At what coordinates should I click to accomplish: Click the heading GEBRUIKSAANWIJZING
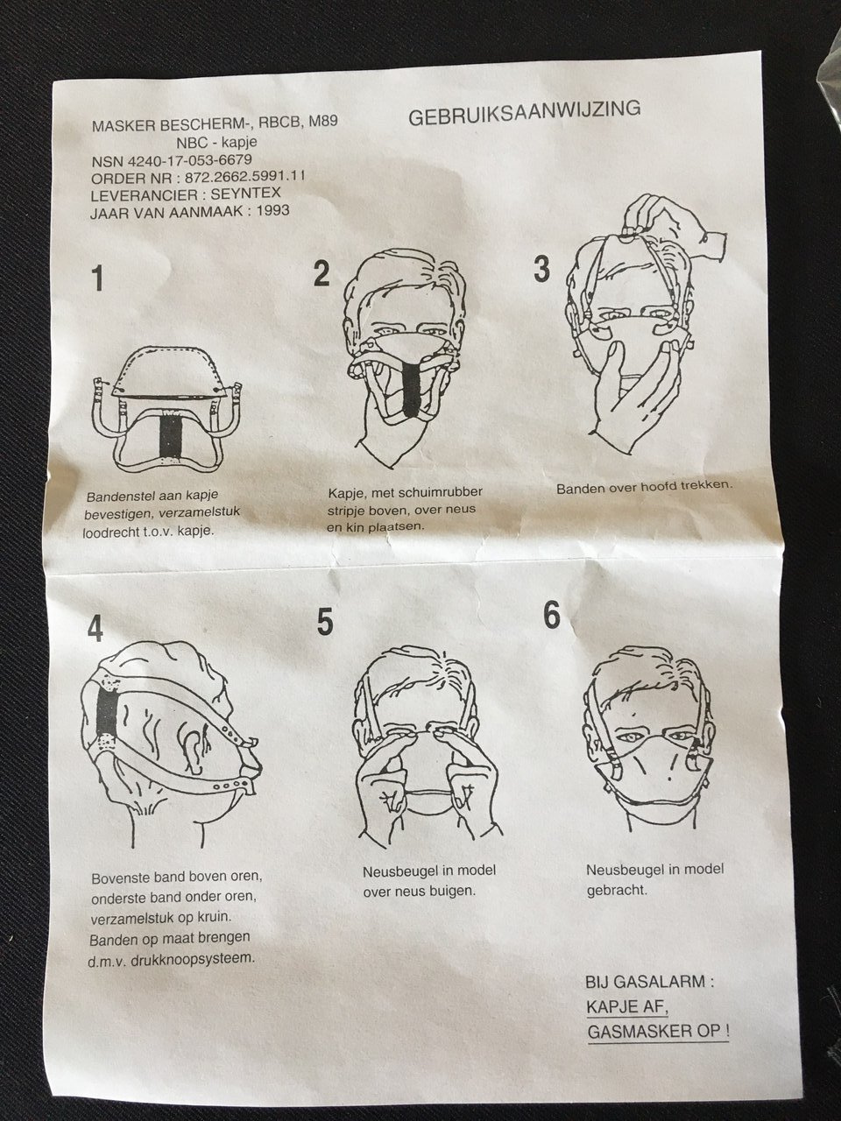tap(525, 113)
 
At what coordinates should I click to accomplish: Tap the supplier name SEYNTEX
tap(245, 193)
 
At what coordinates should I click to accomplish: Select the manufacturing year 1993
tap(273, 210)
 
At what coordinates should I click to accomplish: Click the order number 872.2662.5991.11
tap(244, 177)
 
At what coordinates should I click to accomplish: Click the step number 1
tap(96, 278)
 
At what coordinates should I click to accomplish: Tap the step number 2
tap(322, 273)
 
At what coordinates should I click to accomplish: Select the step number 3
tap(541, 269)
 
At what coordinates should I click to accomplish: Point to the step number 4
tap(95, 628)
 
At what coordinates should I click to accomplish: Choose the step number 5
tap(325, 622)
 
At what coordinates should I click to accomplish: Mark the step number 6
tap(552, 615)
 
